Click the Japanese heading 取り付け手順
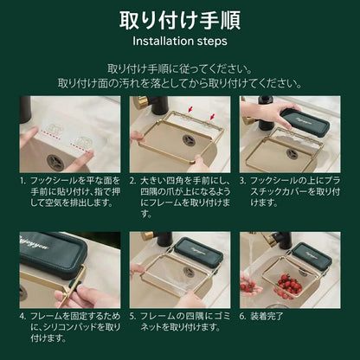[x=180, y=21]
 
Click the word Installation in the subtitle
[x=159, y=42]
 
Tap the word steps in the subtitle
[x=209, y=42]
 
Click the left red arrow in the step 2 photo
[x=190, y=109]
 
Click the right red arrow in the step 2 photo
[x=213, y=117]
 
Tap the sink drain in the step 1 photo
[x=55, y=162]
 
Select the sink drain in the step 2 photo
[x=189, y=140]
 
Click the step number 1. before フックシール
[x=22, y=181]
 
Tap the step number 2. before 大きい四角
[x=132, y=181]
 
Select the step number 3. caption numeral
[x=243, y=181]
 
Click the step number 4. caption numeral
[x=22, y=316]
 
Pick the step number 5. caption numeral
[x=132, y=316]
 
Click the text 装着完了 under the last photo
[x=267, y=316]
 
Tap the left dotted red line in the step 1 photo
[x=50, y=132]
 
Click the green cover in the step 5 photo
[x=199, y=251]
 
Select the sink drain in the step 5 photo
[x=190, y=272]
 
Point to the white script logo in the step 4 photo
[x=34, y=242]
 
